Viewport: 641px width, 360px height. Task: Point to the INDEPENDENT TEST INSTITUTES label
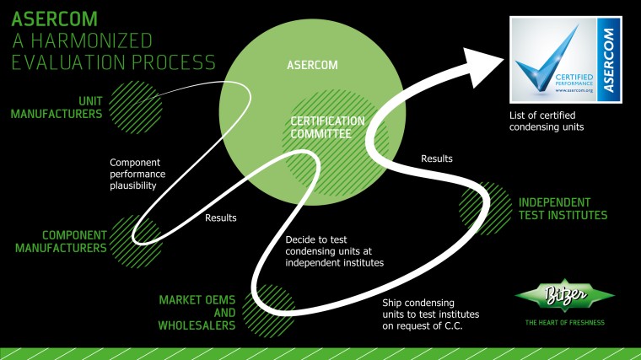click(x=563, y=208)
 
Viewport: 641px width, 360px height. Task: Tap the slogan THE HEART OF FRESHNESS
click(x=565, y=323)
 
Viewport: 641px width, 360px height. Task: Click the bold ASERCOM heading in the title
click(x=52, y=18)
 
